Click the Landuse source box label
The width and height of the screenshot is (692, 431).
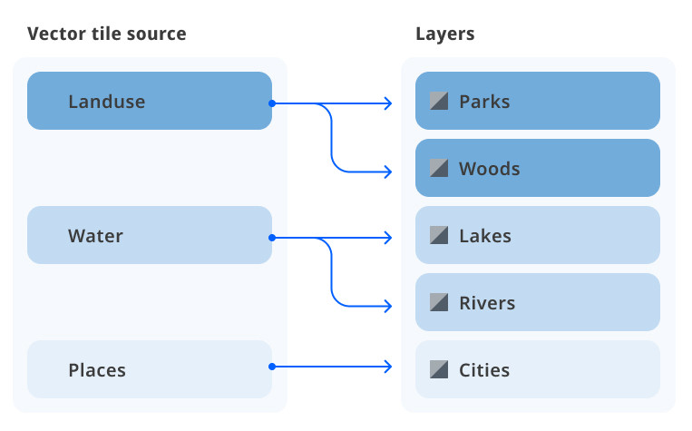coord(106,102)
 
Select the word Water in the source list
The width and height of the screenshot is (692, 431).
coord(95,236)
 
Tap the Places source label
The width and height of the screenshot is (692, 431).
coord(97,370)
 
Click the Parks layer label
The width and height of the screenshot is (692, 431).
coord(484,102)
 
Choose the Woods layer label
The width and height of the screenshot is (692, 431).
coord(489,169)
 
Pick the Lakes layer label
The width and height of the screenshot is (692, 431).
coord(485,236)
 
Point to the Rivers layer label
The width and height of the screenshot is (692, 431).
coord(487,303)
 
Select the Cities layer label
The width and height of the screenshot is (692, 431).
coord(484,370)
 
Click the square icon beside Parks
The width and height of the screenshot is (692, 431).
coord(439,102)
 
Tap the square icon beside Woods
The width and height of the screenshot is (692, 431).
coord(439,169)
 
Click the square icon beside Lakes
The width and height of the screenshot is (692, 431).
coord(439,236)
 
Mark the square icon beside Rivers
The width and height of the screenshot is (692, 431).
coord(439,303)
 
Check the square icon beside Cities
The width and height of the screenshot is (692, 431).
coord(439,370)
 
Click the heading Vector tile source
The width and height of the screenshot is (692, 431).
coord(107,34)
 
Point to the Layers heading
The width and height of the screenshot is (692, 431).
coord(444,34)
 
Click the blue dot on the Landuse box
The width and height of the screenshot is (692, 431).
coord(271,103)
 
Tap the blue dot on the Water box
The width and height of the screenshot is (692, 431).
coord(271,238)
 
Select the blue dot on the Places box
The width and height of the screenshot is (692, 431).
coord(271,367)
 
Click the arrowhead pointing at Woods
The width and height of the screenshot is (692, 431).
coord(389,171)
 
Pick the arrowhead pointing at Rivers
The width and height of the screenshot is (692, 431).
coord(389,305)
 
